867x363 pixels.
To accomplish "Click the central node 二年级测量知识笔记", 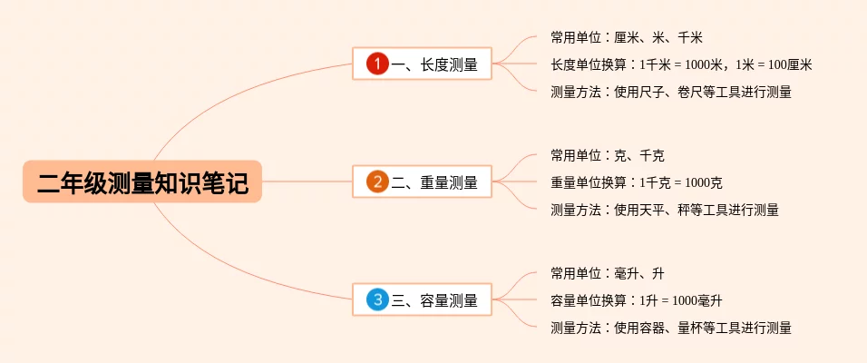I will tap(142, 181).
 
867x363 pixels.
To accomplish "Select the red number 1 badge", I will tap(377, 64).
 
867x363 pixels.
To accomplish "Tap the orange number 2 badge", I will tap(377, 181).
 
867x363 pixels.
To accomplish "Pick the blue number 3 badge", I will tap(377, 299).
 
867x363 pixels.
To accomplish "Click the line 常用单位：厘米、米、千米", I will tap(627, 37).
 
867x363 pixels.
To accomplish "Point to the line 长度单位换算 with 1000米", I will tap(680, 64).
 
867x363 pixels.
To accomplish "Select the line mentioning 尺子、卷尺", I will tap(671, 92).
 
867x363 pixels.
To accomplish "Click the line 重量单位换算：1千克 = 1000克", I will tap(636, 182).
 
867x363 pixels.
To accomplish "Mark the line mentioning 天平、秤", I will tap(665, 210).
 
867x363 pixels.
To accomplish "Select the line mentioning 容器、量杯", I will tap(671, 328).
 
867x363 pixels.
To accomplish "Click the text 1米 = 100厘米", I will tap(774, 64).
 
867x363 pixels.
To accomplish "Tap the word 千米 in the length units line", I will tap(690, 37).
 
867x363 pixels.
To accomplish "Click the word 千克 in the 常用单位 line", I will tap(652, 155).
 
